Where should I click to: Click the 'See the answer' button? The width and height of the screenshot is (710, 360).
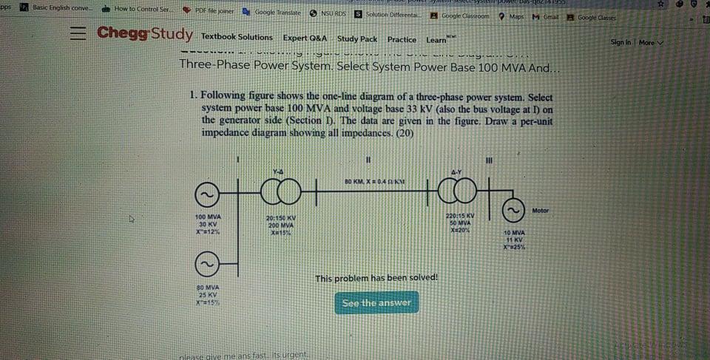376,302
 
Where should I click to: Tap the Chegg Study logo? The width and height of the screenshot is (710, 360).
145,34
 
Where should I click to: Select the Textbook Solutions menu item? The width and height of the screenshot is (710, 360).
237,37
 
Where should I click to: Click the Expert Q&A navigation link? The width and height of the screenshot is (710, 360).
305,38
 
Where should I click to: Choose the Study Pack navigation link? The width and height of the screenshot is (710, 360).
357,38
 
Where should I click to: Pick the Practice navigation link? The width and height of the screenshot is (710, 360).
402,39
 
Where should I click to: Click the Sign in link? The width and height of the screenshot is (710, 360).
621,43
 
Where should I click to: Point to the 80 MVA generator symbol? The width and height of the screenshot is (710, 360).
206,264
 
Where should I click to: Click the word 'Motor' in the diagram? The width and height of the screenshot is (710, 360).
541,211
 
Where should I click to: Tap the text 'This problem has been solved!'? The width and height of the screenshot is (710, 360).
376,278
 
